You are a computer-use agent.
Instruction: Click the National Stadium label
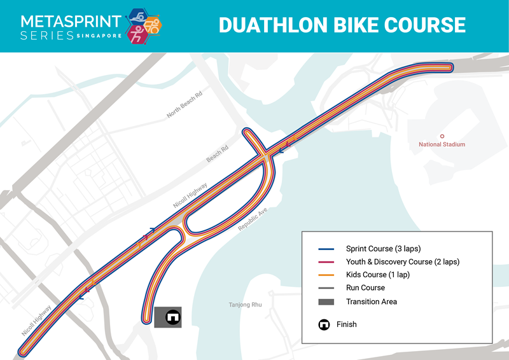[442, 144]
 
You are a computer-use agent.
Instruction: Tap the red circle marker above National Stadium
[442, 135]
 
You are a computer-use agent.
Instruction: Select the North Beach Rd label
[185, 104]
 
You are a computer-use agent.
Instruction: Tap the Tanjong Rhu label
[245, 305]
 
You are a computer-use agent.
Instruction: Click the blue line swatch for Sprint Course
[326, 249]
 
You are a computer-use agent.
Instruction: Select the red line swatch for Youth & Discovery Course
[326, 262]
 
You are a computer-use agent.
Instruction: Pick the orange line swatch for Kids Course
[326, 275]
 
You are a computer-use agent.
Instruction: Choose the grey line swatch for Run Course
[326, 288]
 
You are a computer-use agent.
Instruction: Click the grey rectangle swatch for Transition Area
[326, 301]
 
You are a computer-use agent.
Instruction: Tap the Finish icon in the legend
[324, 324]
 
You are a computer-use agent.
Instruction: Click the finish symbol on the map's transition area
[171, 316]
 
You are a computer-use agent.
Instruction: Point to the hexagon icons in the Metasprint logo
[144, 25]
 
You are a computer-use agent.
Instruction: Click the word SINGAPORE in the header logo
[99, 36]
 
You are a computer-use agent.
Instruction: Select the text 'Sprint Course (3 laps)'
[383, 249]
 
